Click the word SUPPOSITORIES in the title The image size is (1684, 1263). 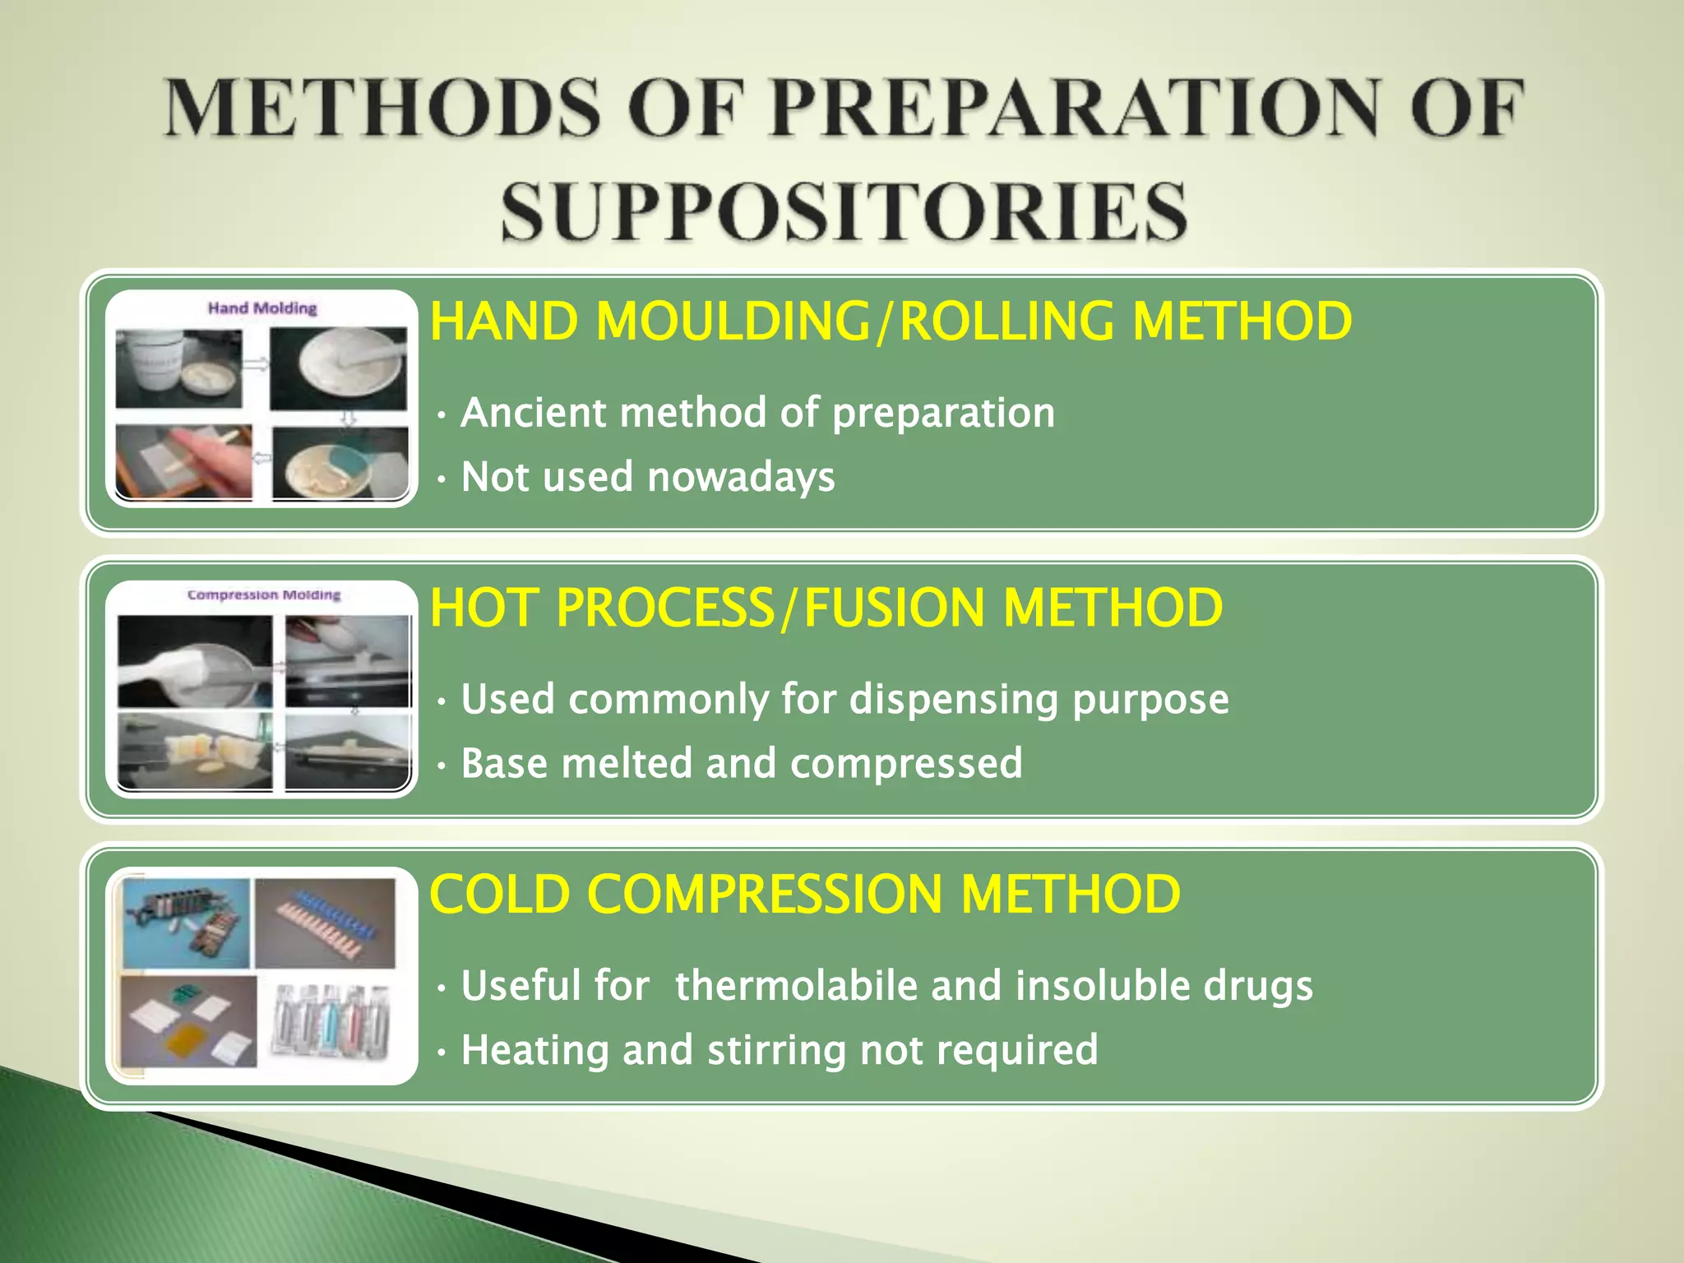pos(844,212)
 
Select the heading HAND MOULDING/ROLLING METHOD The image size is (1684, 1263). pos(891,321)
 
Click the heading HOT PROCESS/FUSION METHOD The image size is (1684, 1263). pos(826,608)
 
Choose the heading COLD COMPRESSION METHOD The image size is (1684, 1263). pos(805,894)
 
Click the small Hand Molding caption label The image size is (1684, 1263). pos(262,308)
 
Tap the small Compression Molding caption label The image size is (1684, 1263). pos(264,594)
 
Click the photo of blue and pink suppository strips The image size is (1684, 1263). pos(326,923)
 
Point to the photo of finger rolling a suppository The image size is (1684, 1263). pos(184,461)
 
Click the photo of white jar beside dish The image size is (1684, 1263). pos(178,368)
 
